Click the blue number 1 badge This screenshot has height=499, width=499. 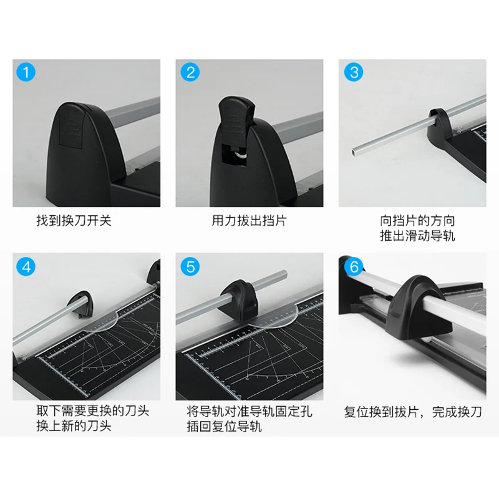point(26,72)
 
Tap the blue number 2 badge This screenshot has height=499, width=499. point(190,72)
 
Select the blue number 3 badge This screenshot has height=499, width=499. point(354,72)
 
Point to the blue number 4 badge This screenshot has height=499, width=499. point(26,266)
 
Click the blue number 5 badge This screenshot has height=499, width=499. point(190,266)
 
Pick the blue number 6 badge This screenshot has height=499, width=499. point(354,266)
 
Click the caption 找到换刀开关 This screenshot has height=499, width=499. point(74,221)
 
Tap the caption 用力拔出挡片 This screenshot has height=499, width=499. point(249,221)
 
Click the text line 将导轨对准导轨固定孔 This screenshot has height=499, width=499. point(249,412)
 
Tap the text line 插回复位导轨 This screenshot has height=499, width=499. point(225,427)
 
